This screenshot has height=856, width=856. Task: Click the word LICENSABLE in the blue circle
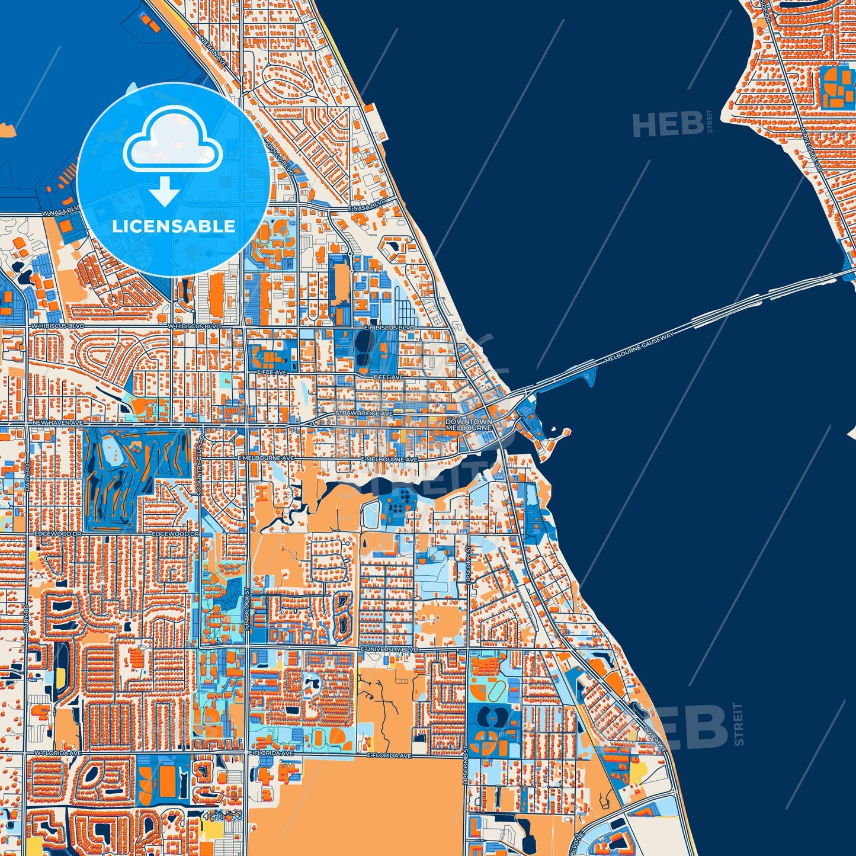pyautogui.click(x=174, y=226)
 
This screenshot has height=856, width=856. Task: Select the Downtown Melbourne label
pyautogui.click(x=469, y=424)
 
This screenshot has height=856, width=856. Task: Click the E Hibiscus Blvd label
pyautogui.click(x=389, y=327)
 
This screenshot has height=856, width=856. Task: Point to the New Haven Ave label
pyautogui.click(x=57, y=423)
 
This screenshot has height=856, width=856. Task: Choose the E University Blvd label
pyautogui.click(x=389, y=650)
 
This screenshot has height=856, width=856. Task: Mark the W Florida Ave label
pyautogui.click(x=57, y=753)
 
